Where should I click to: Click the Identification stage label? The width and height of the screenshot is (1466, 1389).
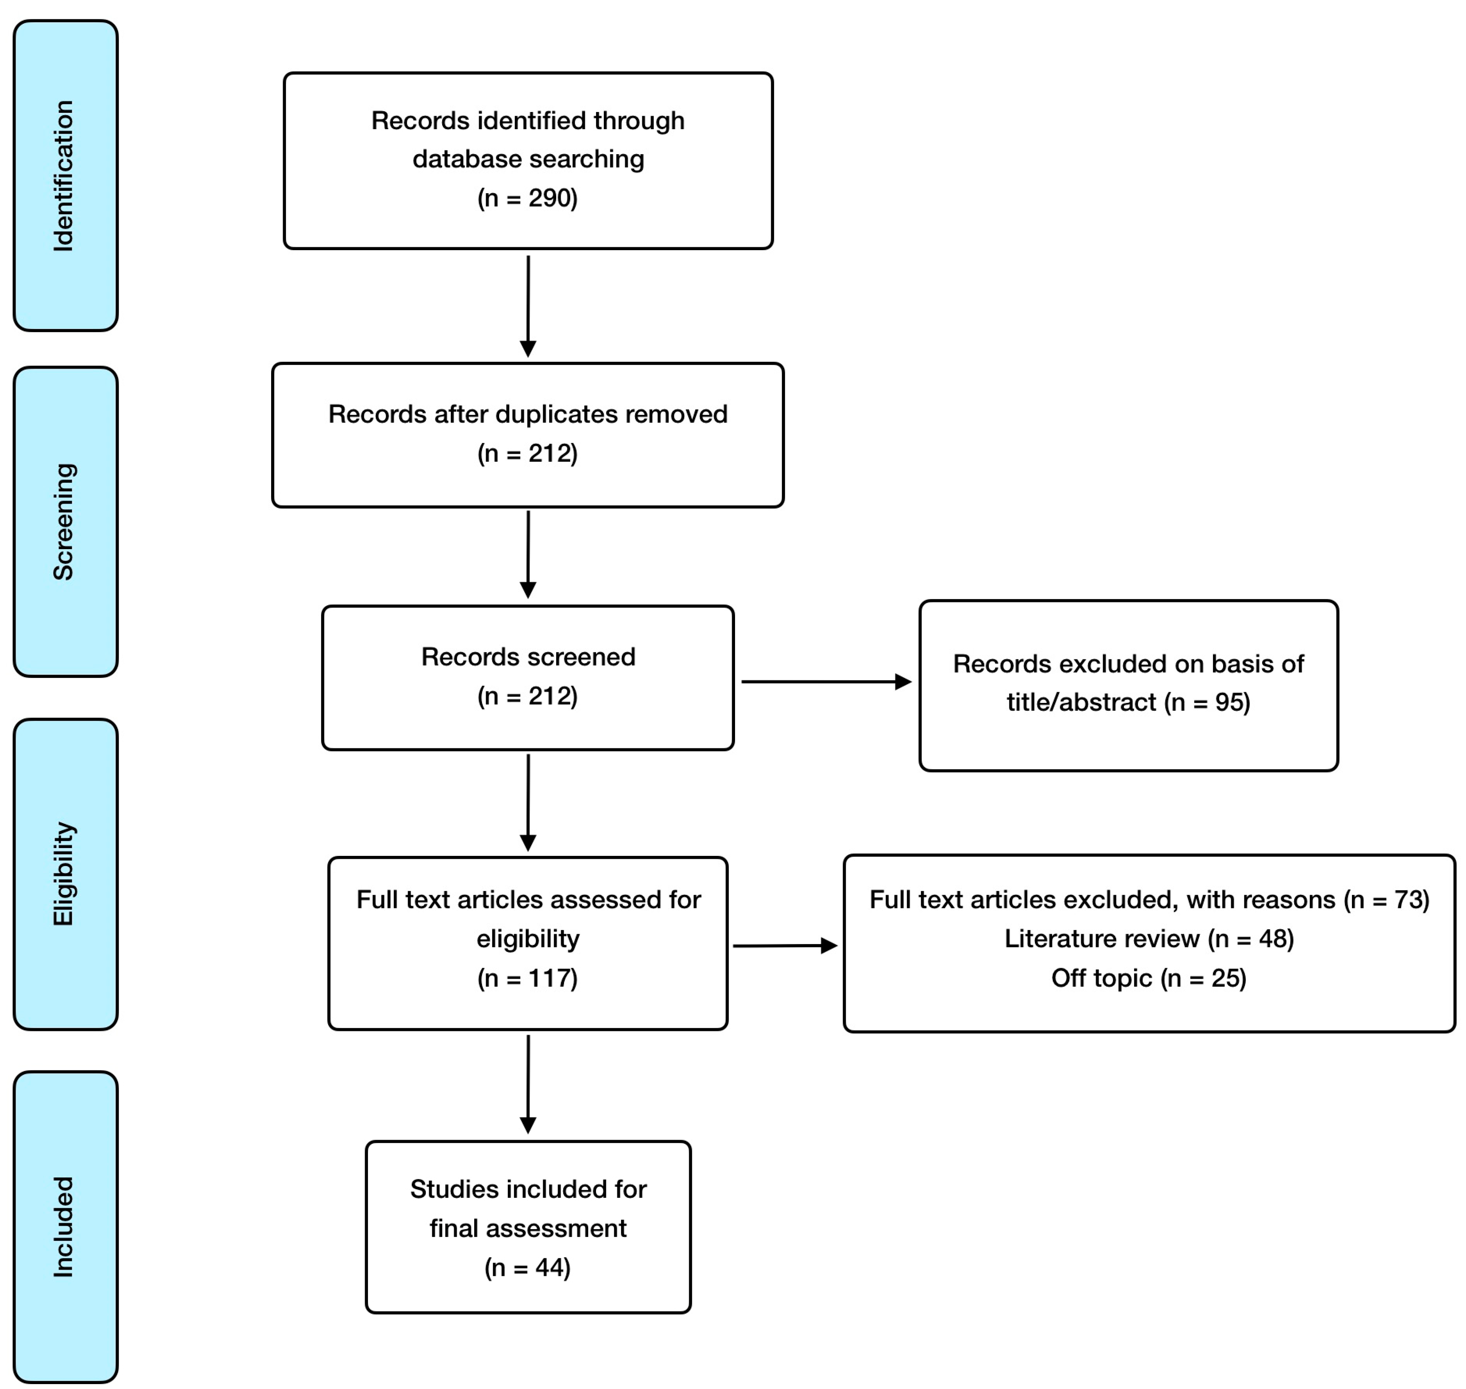pos(64,176)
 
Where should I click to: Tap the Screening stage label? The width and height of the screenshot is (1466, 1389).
pos(64,522)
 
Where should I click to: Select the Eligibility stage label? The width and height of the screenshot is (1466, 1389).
pos(64,874)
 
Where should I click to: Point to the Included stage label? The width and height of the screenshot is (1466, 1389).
pos(64,1227)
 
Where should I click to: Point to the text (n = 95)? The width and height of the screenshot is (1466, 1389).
pos(1208,702)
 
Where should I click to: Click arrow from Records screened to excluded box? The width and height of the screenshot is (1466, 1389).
pos(826,682)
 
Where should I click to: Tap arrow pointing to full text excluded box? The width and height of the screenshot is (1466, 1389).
pos(785,946)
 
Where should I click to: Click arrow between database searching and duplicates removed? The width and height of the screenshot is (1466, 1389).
pos(528,305)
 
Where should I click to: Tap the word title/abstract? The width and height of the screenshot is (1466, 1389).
pos(1081,702)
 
